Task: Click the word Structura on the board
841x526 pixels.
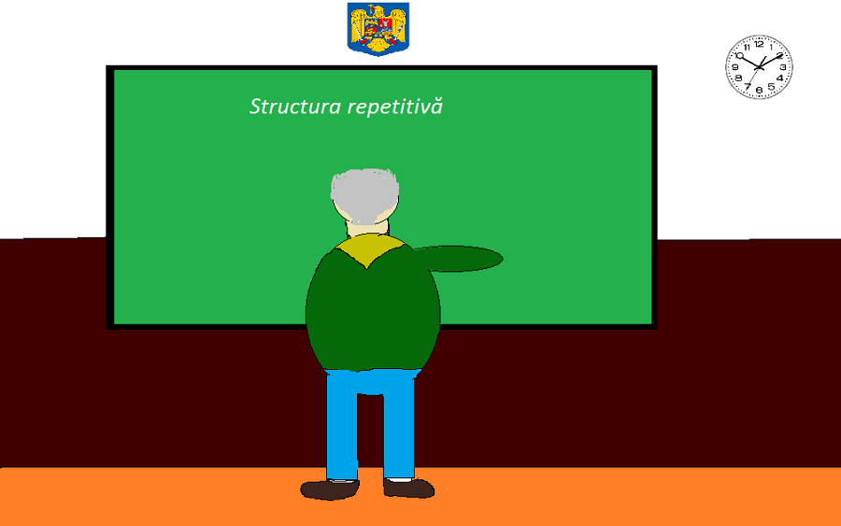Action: coord(295,107)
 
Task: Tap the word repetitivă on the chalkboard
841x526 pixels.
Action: coord(395,107)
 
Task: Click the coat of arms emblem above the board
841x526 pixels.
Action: coord(378,29)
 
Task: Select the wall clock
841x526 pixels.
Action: coord(759,67)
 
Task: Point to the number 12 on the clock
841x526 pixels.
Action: coord(759,44)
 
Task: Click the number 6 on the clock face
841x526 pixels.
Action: coord(759,90)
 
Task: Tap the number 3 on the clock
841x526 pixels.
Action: coord(783,67)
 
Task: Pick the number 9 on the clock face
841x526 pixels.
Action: coord(735,67)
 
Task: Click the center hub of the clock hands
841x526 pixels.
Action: coord(759,67)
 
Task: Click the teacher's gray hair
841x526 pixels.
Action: coord(364,194)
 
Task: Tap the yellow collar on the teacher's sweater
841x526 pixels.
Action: coord(369,249)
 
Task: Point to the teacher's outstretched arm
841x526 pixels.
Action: coord(459,259)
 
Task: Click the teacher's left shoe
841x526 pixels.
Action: coord(330,489)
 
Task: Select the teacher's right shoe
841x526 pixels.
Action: coord(408,488)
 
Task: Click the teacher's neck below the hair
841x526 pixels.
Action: coord(368,228)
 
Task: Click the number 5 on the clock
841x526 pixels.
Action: coord(771,87)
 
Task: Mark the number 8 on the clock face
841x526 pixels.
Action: coord(738,78)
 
